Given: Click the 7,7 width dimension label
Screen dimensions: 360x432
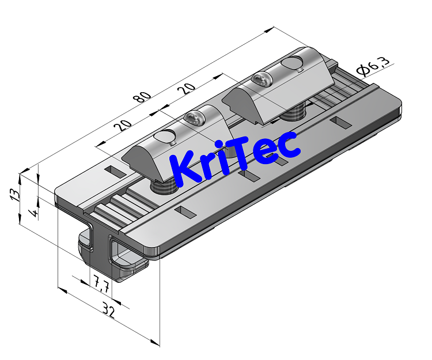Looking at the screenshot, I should coord(101,283).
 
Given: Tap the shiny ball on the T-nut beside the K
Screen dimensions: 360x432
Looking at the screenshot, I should coord(194,120).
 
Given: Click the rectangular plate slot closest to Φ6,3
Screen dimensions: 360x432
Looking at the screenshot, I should coord(340,122).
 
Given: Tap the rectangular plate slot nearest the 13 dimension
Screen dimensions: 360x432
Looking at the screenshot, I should coord(114,171).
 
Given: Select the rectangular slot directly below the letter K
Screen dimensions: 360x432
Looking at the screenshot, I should coord(185,212).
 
